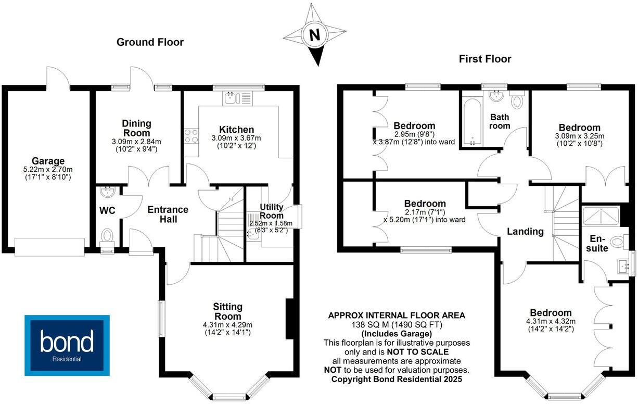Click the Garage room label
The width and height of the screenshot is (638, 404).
point(47,161)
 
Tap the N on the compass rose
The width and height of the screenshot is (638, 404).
point(314,35)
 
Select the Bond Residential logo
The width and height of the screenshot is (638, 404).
point(68,345)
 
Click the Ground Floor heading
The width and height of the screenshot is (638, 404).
point(150,42)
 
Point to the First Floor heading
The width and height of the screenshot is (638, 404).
point(485,59)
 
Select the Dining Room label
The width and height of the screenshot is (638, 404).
point(137,128)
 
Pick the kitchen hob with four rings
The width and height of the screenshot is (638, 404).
point(191,135)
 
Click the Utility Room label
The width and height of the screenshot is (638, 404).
point(271,211)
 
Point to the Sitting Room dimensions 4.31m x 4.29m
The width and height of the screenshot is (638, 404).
point(228,325)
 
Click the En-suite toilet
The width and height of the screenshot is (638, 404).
point(618,241)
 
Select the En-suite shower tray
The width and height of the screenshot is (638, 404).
point(602,215)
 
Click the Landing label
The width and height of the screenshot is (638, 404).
point(525,232)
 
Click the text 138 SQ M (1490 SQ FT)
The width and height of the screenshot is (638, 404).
point(397,324)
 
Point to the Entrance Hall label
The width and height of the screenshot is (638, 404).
point(168,214)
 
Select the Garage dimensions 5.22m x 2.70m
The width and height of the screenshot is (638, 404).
point(47,170)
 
